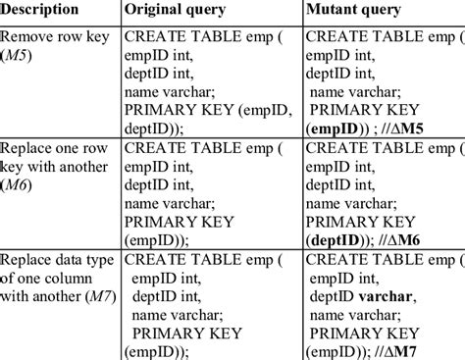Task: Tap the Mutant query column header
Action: (x=356, y=11)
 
